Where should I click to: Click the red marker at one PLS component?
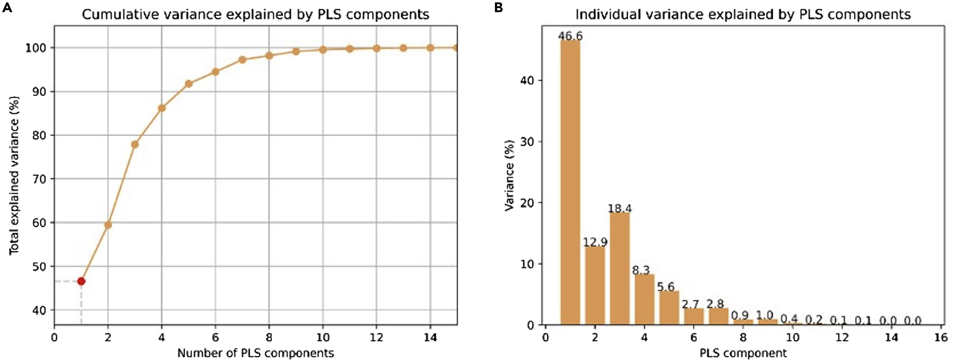click(81, 281)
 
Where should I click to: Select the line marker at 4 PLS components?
click(162, 108)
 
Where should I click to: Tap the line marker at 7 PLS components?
click(242, 60)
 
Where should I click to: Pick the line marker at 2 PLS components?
click(108, 225)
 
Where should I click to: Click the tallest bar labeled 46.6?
click(570, 181)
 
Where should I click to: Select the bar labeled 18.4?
click(620, 268)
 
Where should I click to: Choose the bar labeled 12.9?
click(595, 285)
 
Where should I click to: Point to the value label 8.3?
click(641, 271)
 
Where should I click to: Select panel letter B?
click(498, 7)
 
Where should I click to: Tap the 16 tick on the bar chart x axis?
click(940, 337)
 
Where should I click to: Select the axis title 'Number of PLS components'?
click(256, 353)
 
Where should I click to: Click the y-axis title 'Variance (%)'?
click(510, 176)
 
